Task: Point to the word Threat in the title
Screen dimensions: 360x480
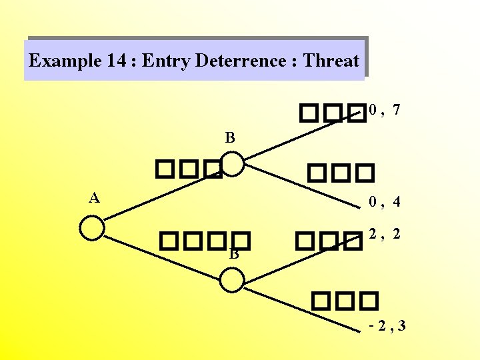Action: point(331,61)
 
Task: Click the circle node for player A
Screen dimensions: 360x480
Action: point(92,227)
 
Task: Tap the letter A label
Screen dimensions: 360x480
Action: point(95,197)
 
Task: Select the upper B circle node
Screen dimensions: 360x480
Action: point(232,163)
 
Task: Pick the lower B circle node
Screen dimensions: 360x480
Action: point(232,279)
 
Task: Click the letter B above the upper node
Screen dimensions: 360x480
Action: point(230,139)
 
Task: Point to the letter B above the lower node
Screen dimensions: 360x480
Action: point(234,254)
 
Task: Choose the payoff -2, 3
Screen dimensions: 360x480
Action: point(387,326)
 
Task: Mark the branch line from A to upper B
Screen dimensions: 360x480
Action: point(163,193)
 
